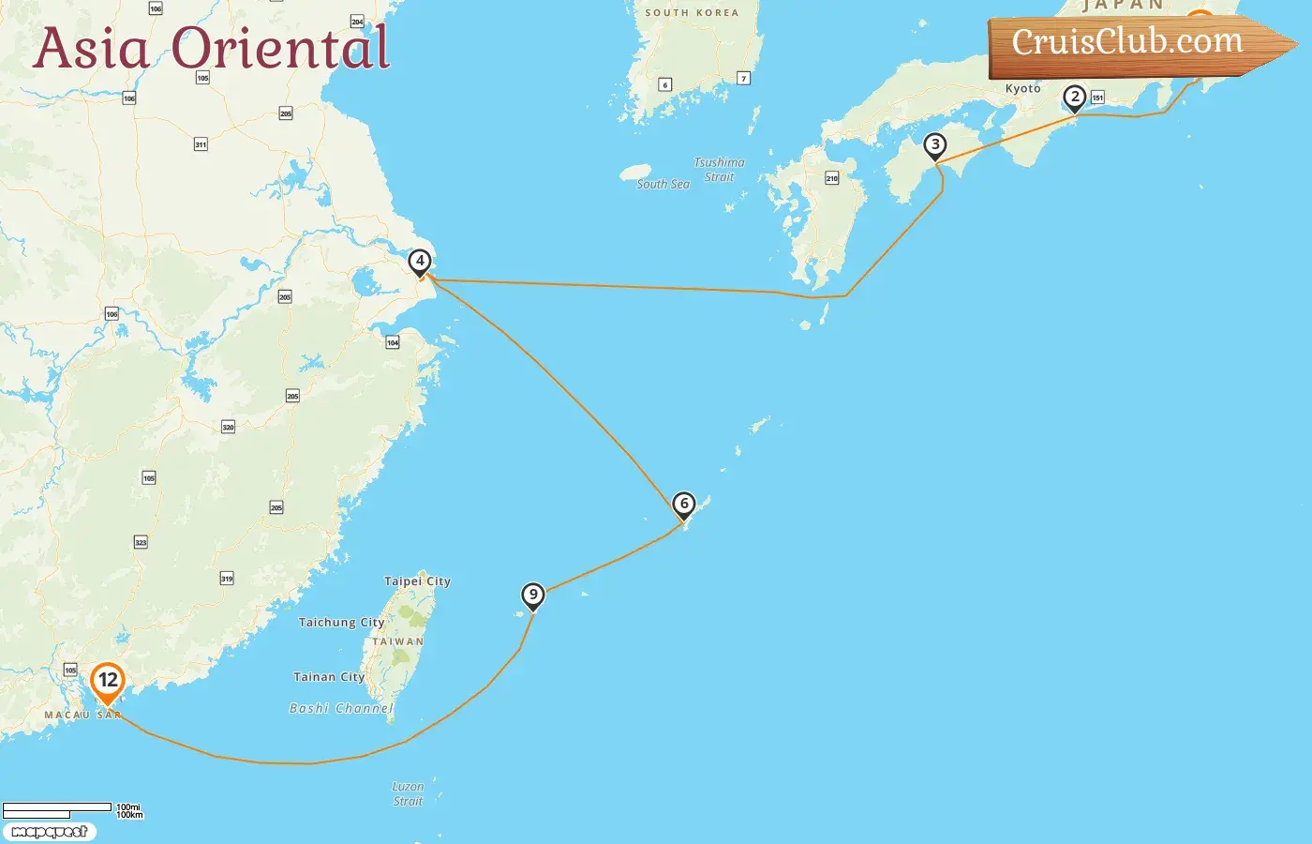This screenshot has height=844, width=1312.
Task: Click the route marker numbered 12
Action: [x=108, y=682]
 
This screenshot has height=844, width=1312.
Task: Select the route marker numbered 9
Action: [x=533, y=595]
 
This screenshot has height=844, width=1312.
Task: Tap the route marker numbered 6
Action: [x=684, y=505]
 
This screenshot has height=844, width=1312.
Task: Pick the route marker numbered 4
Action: [x=420, y=262]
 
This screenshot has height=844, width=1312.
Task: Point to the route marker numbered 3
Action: [x=934, y=145]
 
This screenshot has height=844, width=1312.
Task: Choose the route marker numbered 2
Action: [x=1074, y=98]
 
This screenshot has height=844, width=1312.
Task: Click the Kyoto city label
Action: [x=1022, y=88]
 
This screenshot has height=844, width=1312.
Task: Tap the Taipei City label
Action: [x=417, y=581]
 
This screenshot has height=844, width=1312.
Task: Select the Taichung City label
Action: [x=341, y=622]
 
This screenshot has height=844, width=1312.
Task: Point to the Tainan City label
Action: [x=329, y=677]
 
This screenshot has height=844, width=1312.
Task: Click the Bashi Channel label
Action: [x=341, y=708]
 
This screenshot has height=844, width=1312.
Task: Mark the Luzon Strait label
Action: [x=408, y=793]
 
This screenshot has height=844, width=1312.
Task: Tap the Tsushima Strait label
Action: [x=719, y=170]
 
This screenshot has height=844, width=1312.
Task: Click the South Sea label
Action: [x=663, y=185]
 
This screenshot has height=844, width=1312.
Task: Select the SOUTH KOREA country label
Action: [x=692, y=13]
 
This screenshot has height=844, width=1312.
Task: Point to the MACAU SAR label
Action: [x=82, y=715]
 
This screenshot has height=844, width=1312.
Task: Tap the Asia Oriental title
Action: [x=211, y=49]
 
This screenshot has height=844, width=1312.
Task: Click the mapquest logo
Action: [x=50, y=832]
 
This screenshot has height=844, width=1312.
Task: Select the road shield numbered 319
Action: [x=227, y=579]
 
